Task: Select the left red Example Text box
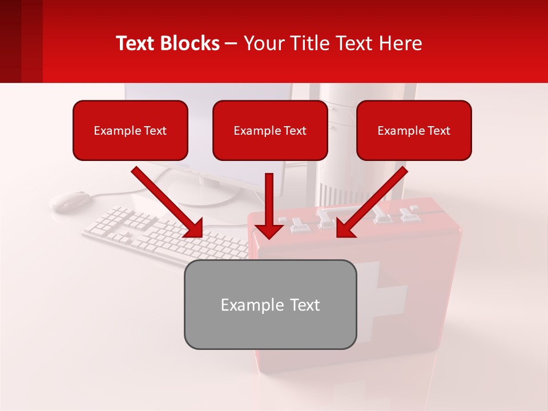coord(130,131)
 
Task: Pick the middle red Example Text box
coord(270,131)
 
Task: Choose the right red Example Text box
coord(414,131)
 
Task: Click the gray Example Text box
coord(270,305)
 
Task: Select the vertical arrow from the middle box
coord(269,205)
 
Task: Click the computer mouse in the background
coord(70,200)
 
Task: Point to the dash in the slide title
coord(231,43)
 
